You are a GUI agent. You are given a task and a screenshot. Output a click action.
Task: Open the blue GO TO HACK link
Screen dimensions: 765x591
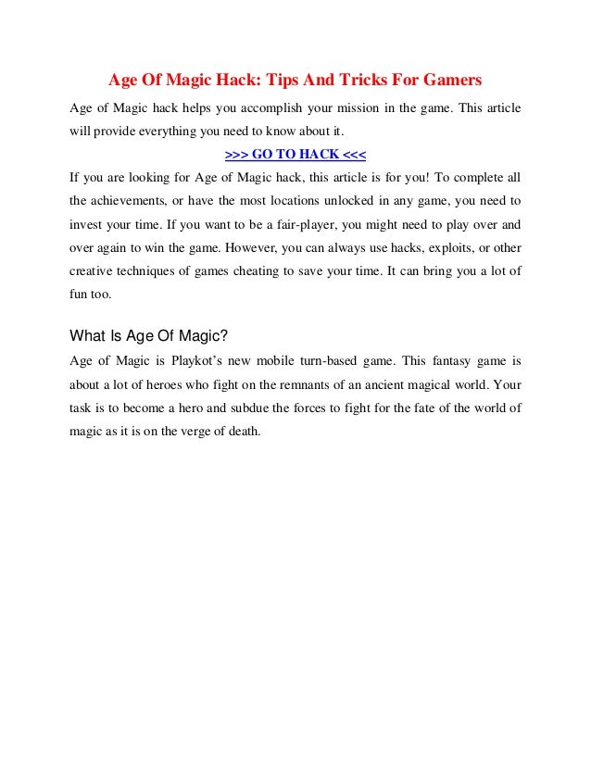click(x=295, y=154)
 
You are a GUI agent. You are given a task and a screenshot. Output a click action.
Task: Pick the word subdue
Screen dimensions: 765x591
click(x=262, y=406)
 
